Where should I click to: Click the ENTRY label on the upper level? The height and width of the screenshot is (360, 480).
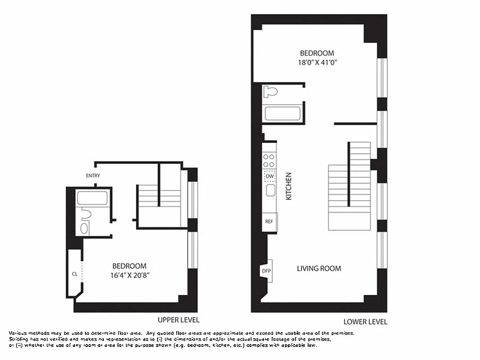click(93, 176)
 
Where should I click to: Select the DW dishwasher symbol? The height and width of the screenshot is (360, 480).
click(269, 176)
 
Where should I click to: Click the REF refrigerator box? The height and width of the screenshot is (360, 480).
click(269, 221)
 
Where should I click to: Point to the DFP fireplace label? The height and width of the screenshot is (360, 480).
click(267, 270)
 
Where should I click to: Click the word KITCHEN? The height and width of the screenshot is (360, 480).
click(289, 186)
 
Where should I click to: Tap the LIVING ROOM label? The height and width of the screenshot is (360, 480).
click(319, 269)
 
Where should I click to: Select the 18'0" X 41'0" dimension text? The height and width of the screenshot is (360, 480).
click(318, 63)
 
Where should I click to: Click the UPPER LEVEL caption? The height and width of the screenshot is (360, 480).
click(179, 320)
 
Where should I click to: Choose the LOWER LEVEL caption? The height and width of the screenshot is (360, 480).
click(365, 322)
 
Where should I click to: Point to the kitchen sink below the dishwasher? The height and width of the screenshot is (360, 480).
click(270, 191)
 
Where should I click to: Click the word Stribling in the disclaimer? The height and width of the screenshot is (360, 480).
click(18, 339)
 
